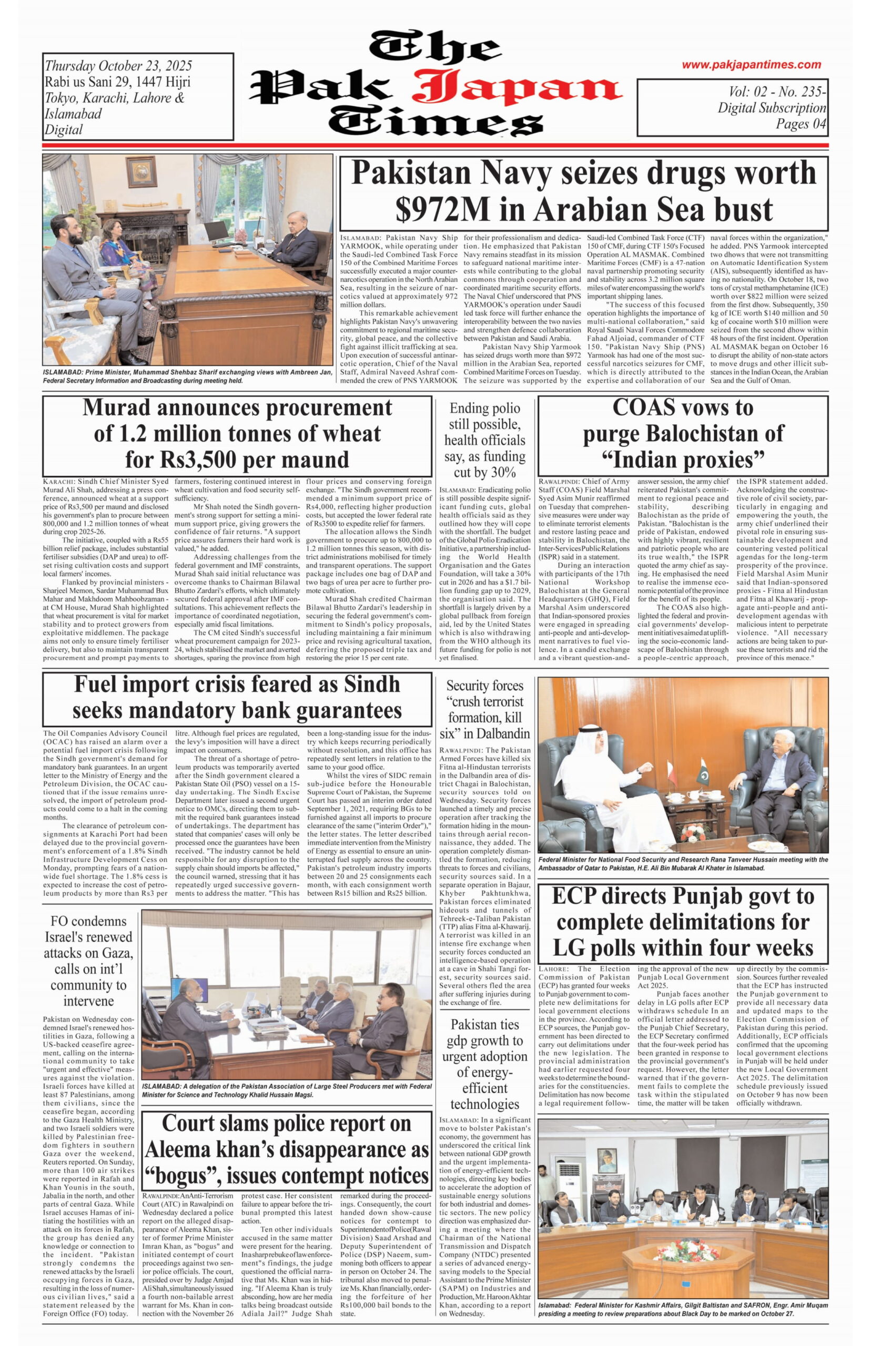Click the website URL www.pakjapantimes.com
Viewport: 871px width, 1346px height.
(x=751, y=65)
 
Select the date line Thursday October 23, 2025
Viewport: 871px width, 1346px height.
(x=118, y=66)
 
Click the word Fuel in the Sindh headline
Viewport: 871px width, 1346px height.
(x=97, y=685)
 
